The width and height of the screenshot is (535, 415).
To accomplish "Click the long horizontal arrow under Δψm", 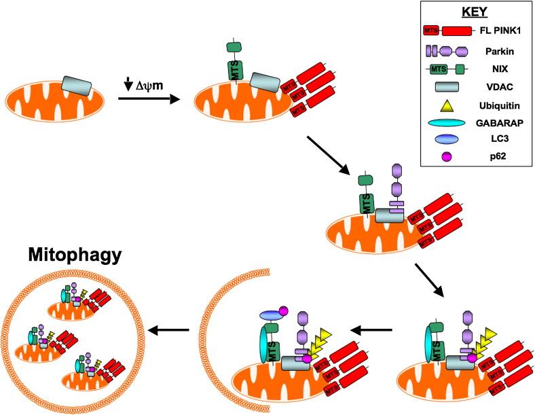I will (148, 98).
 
